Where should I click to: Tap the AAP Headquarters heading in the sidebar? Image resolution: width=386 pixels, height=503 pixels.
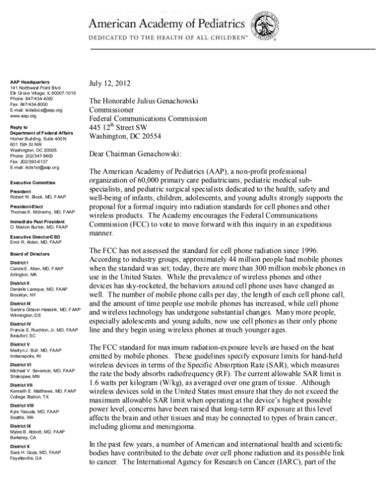point(31,82)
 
